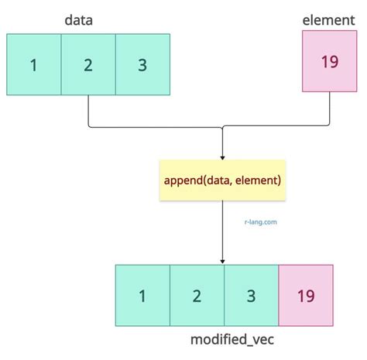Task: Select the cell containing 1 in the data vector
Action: click(x=34, y=64)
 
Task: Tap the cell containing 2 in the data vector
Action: click(x=89, y=64)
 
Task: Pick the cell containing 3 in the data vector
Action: click(x=143, y=64)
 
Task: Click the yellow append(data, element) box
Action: click(x=223, y=180)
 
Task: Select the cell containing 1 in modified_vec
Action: click(x=142, y=295)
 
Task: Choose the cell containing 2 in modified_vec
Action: click(x=197, y=295)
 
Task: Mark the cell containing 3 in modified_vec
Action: click(x=251, y=295)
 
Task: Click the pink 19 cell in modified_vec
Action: click(x=306, y=295)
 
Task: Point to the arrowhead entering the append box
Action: click(x=223, y=156)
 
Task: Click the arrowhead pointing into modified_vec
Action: click(x=223, y=261)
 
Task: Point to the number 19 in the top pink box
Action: click(x=329, y=61)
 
